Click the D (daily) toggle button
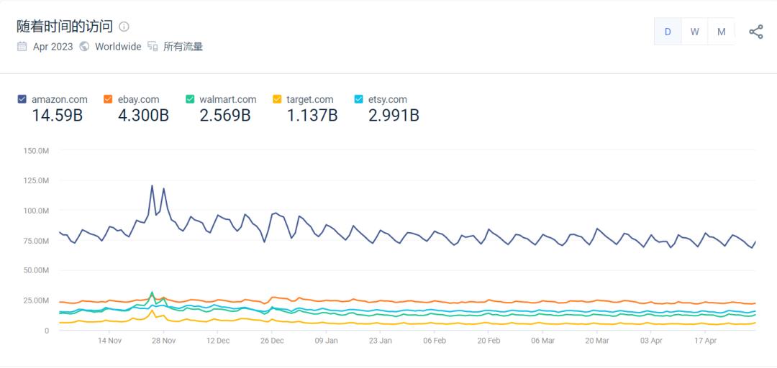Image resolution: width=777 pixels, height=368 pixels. coord(668,32)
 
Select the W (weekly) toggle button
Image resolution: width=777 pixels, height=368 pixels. coord(694,32)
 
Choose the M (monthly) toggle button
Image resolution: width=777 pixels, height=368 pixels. coord(721,32)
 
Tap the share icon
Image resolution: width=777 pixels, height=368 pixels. coord(756,32)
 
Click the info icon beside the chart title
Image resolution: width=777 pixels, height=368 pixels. coord(124,27)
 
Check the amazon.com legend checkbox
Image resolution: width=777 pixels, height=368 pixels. coord(22,99)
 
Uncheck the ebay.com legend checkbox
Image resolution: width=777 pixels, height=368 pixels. coord(108,99)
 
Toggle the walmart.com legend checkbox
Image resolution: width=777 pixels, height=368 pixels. coord(190,99)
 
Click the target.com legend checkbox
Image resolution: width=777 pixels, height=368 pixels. coord(277,99)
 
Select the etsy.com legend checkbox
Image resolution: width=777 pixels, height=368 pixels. coord(359,99)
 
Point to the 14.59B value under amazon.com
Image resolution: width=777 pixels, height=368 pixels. coord(57,115)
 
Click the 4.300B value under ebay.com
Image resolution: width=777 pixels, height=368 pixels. coord(143,115)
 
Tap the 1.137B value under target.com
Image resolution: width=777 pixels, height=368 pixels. coord(312,115)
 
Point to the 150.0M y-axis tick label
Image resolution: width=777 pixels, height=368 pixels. coord(36,151)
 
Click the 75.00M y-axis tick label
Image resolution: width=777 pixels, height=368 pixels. coord(36,241)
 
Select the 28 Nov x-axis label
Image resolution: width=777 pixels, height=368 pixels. coord(163,341)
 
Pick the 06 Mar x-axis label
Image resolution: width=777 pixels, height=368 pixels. coord(542,341)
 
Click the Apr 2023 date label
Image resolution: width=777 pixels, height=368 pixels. coord(53,47)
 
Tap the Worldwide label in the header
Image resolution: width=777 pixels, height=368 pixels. coord(118,47)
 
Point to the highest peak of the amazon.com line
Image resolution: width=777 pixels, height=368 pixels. coord(152,185)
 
